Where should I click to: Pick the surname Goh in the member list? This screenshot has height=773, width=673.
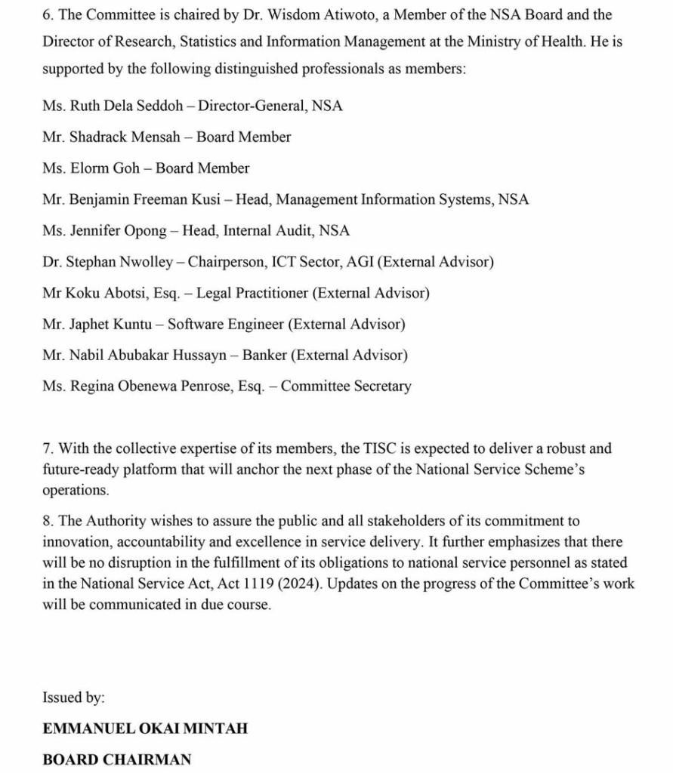click(126, 168)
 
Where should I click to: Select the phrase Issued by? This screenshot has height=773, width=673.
click(73, 698)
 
